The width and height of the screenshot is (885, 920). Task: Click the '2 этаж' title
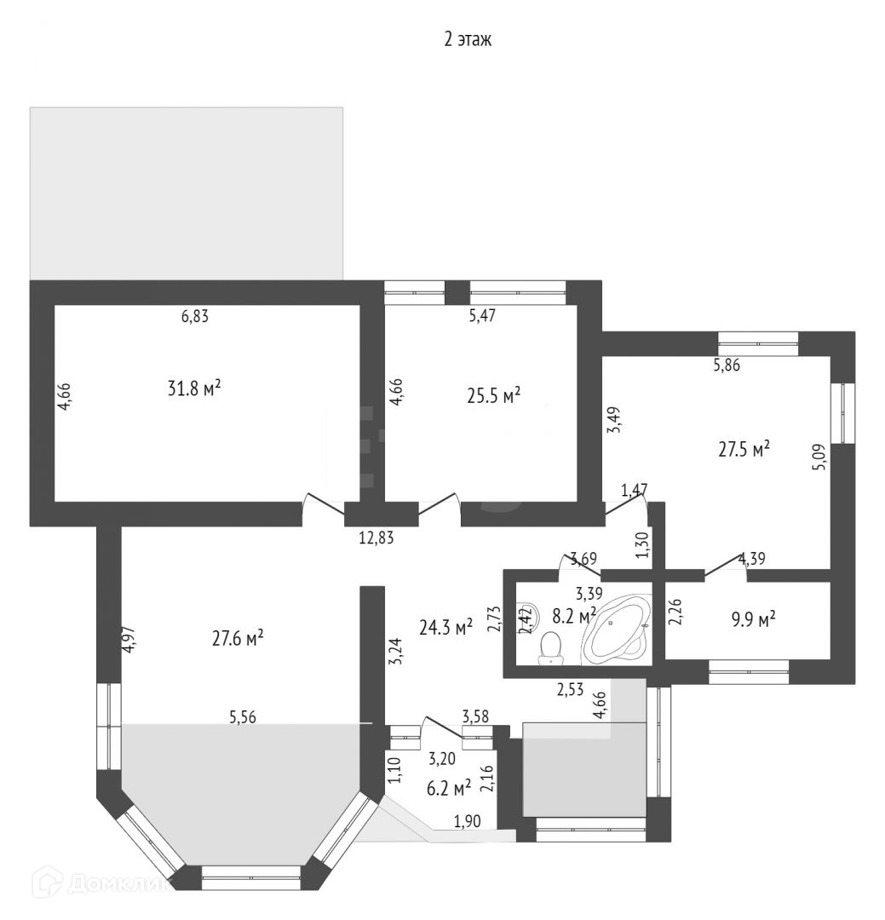[x=468, y=40]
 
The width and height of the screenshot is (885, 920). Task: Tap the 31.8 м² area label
[x=194, y=388]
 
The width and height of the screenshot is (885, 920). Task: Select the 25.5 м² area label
[x=493, y=395]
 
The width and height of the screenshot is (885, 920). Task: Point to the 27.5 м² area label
[x=744, y=449]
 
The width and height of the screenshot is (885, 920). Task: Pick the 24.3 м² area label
[x=445, y=628]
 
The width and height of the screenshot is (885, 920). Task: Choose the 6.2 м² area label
[x=449, y=790]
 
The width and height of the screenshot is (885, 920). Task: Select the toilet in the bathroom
[x=552, y=647]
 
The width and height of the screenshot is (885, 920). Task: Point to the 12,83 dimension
[x=376, y=537]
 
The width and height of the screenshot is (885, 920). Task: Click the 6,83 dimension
[x=194, y=316]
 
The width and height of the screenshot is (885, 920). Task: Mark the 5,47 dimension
[x=482, y=315]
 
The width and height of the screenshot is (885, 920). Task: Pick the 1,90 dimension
[x=468, y=820]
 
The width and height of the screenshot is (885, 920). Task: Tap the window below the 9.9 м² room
[x=749, y=678]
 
